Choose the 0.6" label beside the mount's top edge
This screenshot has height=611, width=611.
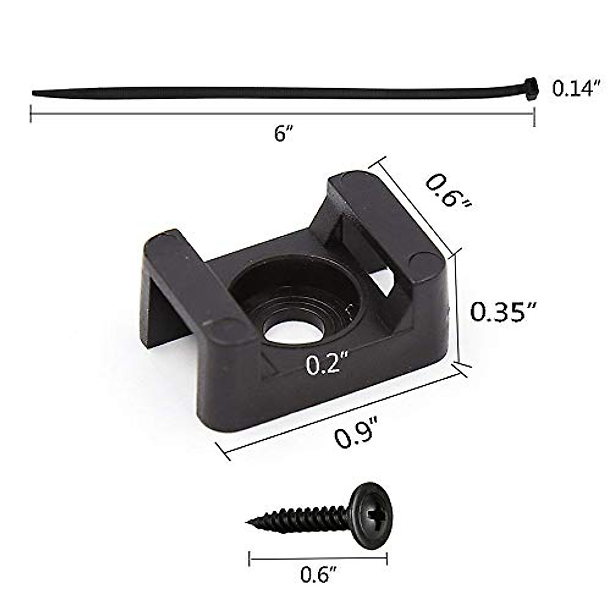click(x=448, y=191)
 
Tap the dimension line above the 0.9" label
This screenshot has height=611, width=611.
click(x=341, y=410)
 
